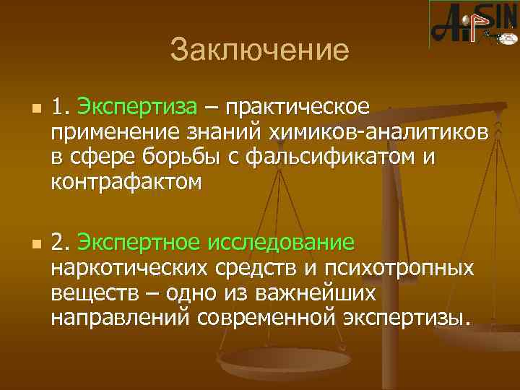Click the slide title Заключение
click(x=259, y=51)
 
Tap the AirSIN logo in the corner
click(x=473, y=24)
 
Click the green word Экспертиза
click(x=136, y=108)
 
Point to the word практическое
click(x=298, y=108)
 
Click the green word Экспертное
click(x=141, y=240)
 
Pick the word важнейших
click(x=311, y=292)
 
